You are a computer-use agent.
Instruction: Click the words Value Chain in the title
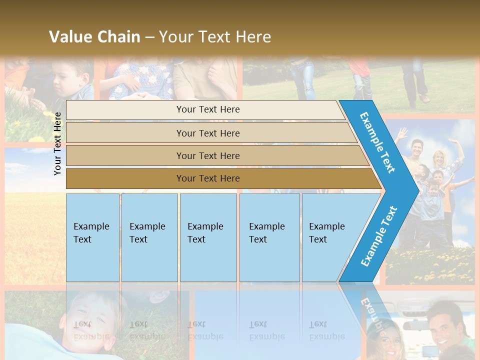coord(94,37)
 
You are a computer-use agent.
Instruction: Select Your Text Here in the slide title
coord(215,37)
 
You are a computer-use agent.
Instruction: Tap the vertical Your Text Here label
coord(57,143)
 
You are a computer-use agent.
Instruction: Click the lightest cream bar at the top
coord(207,109)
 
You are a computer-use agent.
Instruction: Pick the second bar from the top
coord(207,133)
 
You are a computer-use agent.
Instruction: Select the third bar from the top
coord(207,155)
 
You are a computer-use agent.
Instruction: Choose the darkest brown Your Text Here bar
coord(207,178)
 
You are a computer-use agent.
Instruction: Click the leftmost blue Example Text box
coord(92,237)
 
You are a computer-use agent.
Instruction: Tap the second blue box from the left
coord(149,237)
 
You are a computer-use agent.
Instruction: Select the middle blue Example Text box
coord(208,237)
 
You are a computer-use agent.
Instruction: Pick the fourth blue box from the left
coord(269,237)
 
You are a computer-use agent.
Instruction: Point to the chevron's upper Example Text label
coord(377,142)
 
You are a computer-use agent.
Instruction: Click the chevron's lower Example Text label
coord(379,236)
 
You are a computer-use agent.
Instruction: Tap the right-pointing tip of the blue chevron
coord(416,190)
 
